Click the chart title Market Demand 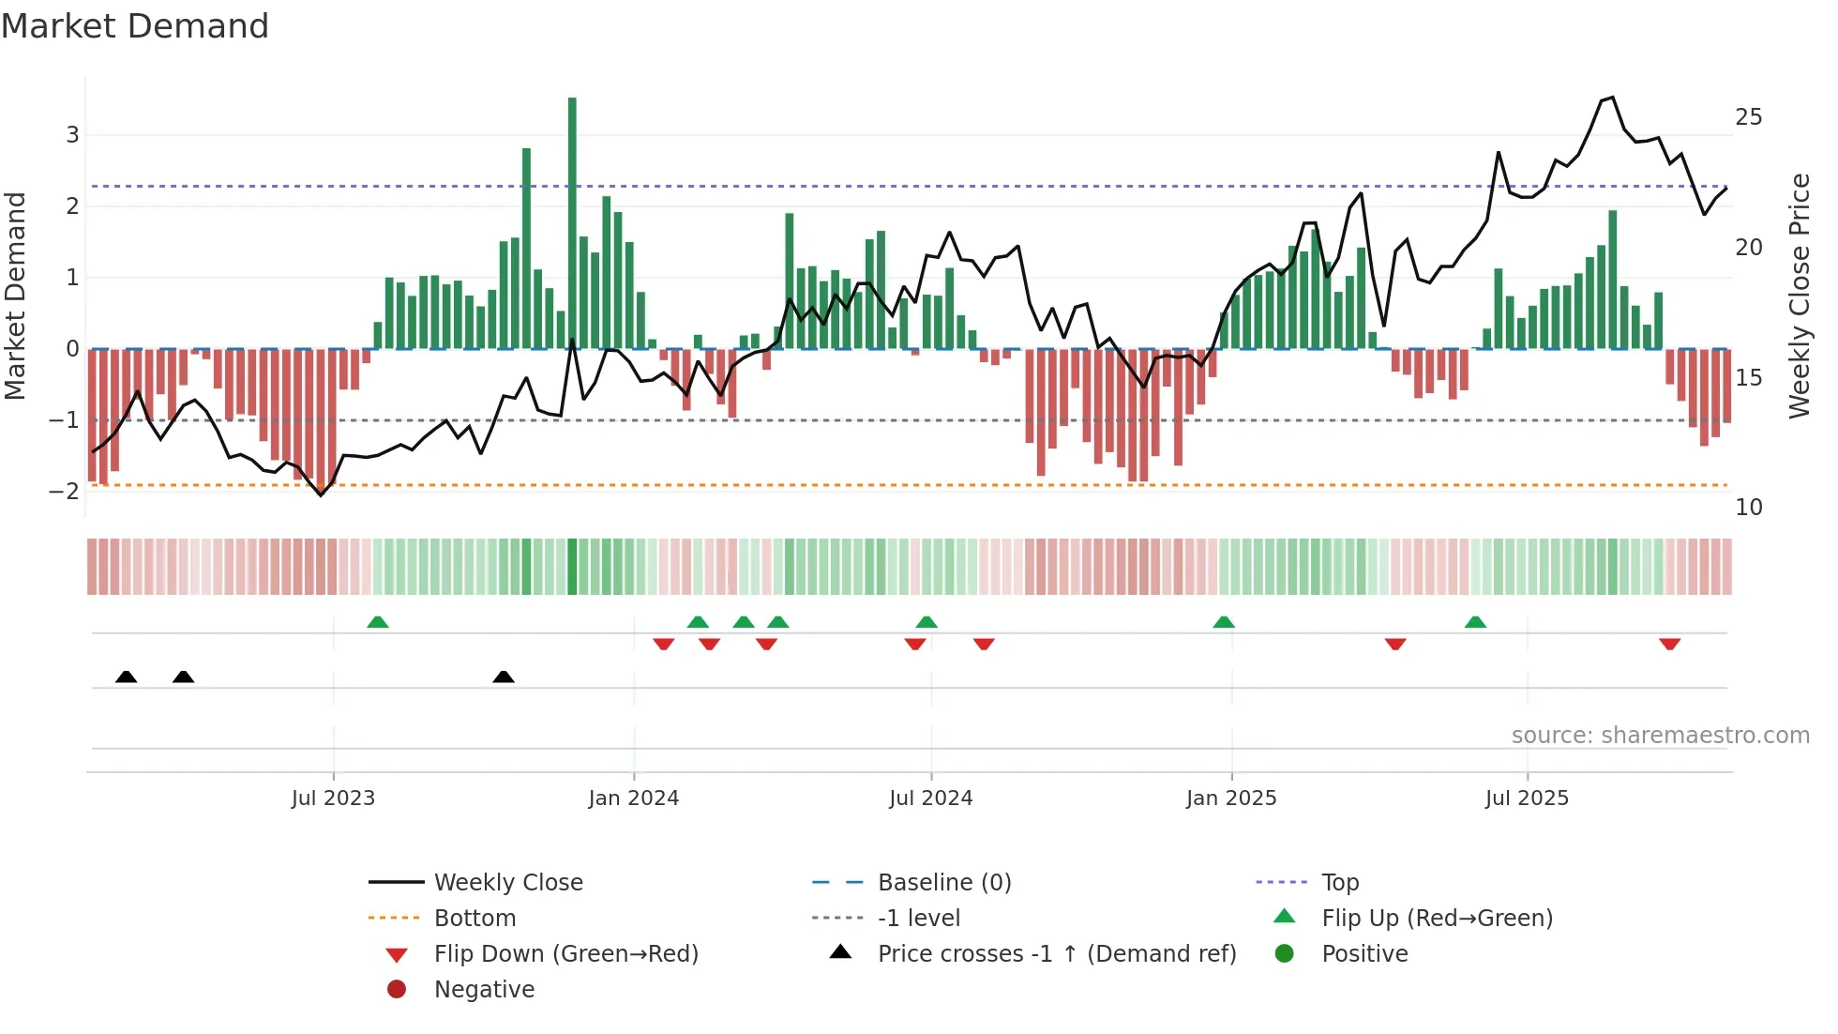pyautogui.click(x=135, y=26)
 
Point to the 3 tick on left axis pyautogui.click(x=72, y=134)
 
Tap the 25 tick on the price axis pyautogui.click(x=1748, y=117)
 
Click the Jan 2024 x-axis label pyautogui.click(x=633, y=798)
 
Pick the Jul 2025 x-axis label pyautogui.click(x=1526, y=798)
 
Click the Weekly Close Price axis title pyautogui.click(x=1799, y=296)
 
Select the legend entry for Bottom pyautogui.click(x=475, y=918)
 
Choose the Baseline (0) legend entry pyautogui.click(x=943, y=882)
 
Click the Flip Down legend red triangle pyautogui.click(x=397, y=955)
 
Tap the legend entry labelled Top pyautogui.click(x=1339, y=882)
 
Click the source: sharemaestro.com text pyautogui.click(x=1660, y=735)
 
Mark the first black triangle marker pyautogui.click(x=127, y=677)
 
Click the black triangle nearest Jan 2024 pyautogui.click(x=504, y=677)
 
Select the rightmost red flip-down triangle pyautogui.click(x=1669, y=644)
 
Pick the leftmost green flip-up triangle pyautogui.click(x=378, y=622)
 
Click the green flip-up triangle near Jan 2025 pyautogui.click(x=1224, y=622)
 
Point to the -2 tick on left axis pyautogui.click(x=65, y=491)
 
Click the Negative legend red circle pyautogui.click(x=397, y=989)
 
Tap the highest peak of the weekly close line pyautogui.click(x=1612, y=98)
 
